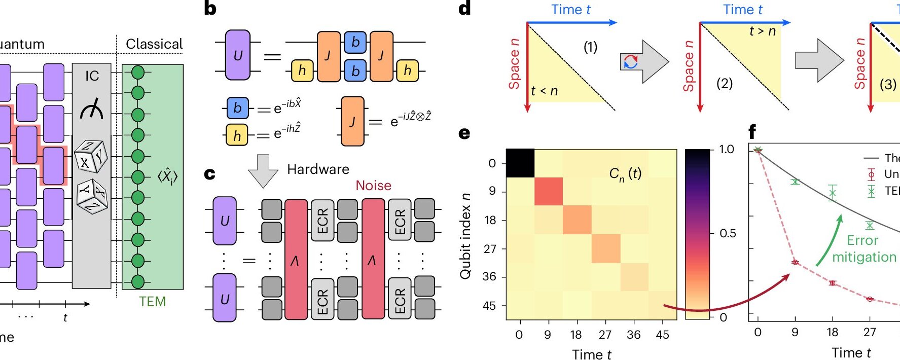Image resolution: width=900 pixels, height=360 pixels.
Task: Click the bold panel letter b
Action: tap(210, 9)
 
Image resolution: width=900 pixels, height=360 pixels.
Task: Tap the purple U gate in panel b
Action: tap(237, 55)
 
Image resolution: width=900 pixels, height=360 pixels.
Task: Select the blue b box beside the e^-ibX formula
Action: tap(237, 107)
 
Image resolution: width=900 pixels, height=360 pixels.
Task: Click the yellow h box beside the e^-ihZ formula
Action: tap(237, 135)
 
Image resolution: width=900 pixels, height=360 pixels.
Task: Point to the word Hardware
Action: tap(318, 169)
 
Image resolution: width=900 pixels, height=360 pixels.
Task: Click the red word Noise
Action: tap(373, 186)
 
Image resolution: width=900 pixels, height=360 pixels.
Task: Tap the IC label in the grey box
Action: tap(92, 76)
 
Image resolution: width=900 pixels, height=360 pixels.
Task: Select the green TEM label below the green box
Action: tap(152, 302)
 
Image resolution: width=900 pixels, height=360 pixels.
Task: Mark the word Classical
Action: tap(154, 44)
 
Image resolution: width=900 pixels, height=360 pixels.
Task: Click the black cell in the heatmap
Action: tap(520, 163)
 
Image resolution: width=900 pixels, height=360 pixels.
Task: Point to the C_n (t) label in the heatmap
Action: tap(625, 174)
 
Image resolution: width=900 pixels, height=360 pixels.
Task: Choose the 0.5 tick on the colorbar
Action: tap(728, 233)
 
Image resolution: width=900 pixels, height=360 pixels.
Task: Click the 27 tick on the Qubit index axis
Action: tap(490, 248)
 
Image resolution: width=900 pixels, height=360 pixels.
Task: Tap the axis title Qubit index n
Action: tap(465, 236)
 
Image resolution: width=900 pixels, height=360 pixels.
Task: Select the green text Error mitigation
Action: tap(863, 248)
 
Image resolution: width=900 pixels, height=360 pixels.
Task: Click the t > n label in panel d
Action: tap(762, 31)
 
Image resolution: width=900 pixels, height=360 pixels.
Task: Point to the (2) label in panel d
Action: tap(724, 83)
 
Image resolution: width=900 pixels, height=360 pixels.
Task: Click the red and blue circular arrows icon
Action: tap(630, 62)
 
